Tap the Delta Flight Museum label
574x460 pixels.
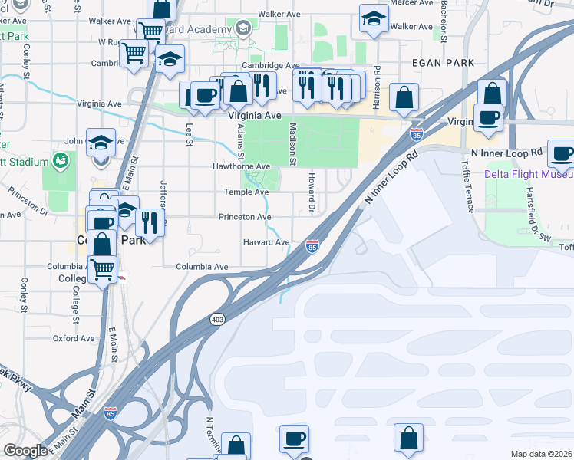(x=529, y=174)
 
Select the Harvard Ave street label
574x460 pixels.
(x=266, y=242)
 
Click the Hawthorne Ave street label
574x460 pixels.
(x=241, y=166)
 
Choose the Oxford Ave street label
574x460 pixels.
(x=74, y=338)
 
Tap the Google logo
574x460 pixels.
(x=25, y=451)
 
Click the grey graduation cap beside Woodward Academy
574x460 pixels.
(x=243, y=30)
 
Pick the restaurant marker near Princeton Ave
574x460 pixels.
(x=149, y=223)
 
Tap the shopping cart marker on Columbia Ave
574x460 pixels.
(x=101, y=269)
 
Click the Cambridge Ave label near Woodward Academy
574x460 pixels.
(x=270, y=67)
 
